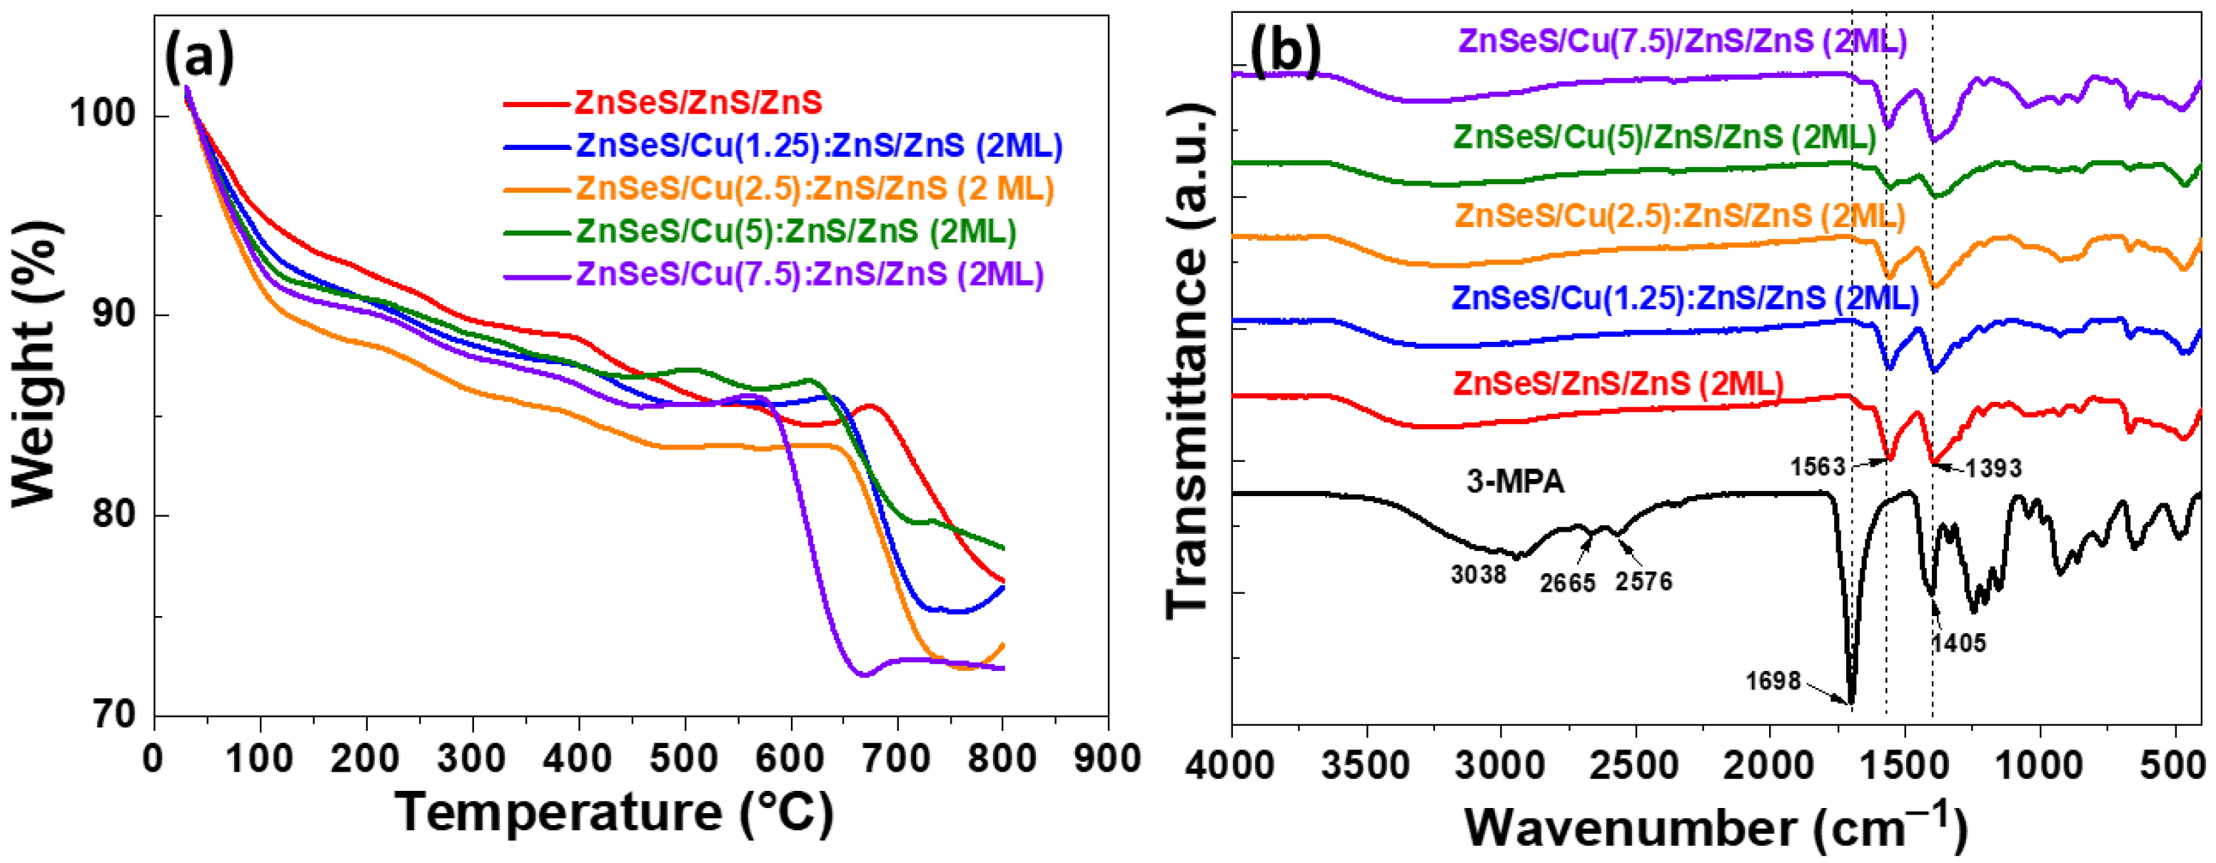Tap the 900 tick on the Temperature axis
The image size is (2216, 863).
(x=1107, y=759)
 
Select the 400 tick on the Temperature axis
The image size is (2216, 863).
(x=578, y=759)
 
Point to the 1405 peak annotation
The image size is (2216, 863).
(x=1959, y=642)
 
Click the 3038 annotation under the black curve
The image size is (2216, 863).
(x=1478, y=574)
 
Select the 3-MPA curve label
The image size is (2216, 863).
(x=1515, y=481)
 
